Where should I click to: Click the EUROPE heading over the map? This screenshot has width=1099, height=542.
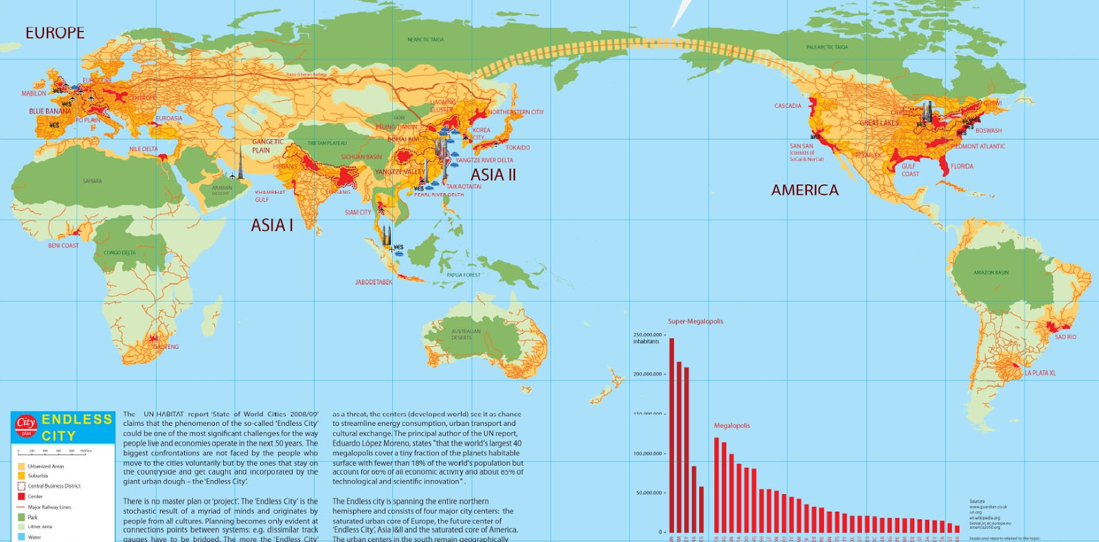(55, 33)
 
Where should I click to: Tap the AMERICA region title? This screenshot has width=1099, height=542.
(804, 190)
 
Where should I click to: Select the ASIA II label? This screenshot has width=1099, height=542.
(492, 175)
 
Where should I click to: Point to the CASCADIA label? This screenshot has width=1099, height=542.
(787, 106)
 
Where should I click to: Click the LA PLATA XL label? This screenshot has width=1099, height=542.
(1040, 373)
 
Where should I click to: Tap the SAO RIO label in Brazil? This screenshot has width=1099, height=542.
(1065, 337)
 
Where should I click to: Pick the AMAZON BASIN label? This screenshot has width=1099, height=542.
(990, 273)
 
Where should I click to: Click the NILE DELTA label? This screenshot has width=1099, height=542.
(143, 149)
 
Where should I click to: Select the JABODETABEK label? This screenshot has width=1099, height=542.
(374, 282)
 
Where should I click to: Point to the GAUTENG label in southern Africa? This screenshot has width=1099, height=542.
(166, 347)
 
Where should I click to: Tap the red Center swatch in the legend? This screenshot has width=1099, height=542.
(21, 496)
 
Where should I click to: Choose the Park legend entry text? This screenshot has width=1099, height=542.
(33, 517)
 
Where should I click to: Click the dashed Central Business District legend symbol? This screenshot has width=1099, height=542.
(21, 486)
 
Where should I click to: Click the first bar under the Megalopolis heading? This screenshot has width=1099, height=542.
(716, 484)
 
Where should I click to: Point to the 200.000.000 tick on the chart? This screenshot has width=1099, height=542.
(648, 374)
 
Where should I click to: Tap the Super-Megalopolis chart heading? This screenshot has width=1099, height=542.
(695, 321)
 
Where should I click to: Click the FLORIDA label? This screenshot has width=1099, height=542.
(962, 166)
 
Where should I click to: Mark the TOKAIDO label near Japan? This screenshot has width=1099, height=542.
(517, 148)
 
